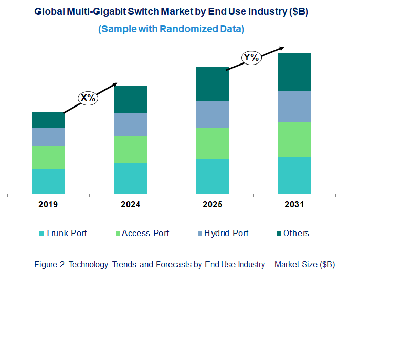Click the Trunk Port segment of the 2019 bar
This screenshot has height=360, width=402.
(x=48, y=181)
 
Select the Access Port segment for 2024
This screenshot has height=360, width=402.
(x=130, y=149)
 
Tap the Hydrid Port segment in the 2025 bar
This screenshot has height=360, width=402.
(x=212, y=114)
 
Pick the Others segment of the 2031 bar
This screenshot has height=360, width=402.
(x=294, y=72)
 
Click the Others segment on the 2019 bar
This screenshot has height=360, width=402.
(x=48, y=120)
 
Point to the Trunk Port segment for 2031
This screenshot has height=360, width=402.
(x=294, y=175)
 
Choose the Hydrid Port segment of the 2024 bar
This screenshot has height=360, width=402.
(x=130, y=124)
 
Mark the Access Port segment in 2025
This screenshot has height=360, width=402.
(x=212, y=143)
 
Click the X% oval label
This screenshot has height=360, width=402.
(x=88, y=97)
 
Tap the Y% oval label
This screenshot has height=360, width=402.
(x=251, y=58)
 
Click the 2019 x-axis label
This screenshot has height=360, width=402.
(x=48, y=205)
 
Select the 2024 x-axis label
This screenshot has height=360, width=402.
(x=130, y=205)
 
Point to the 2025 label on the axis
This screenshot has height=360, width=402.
(x=212, y=205)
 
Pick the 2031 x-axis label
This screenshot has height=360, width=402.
(x=294, y=205)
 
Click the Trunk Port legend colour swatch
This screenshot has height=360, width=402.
(x=41, y=234)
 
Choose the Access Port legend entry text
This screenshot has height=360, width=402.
(x=145, y=233)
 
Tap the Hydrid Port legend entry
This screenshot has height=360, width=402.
(x=226, y=233)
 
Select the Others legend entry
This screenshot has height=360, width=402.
(x=296, y=233)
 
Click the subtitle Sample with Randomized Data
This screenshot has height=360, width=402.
(x=171, y=29)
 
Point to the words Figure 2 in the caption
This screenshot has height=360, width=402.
(x=49, y=265)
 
